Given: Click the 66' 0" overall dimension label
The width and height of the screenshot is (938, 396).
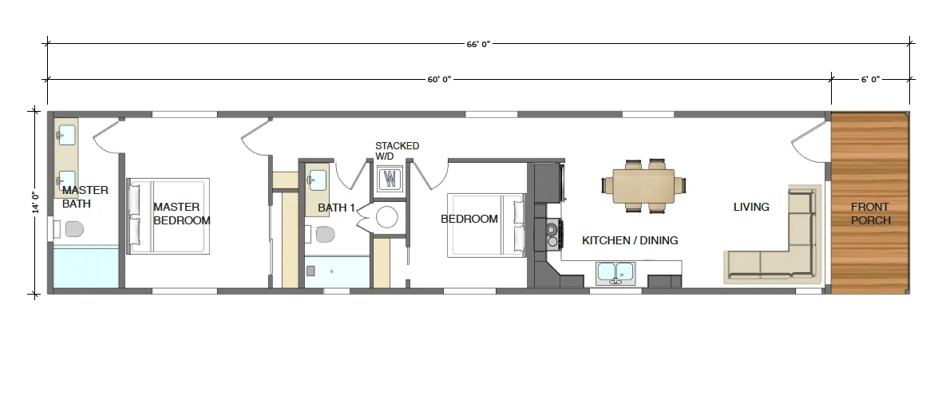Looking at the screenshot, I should point(478,44).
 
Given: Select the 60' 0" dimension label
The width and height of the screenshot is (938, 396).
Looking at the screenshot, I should point(439,79).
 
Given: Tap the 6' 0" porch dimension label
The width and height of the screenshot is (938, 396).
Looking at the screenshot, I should point(870,79).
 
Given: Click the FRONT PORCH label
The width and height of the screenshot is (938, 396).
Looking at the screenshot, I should point(870,213).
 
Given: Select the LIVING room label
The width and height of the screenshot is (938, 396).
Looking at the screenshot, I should point(751,208).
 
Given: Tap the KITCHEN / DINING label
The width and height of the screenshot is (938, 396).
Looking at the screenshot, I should point(630,240).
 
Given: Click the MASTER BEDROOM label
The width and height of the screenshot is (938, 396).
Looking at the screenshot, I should point(182,213).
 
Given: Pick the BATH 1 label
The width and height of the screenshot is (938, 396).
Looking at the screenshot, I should point(335,208).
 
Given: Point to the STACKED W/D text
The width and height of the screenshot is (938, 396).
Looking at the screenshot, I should point(397,151).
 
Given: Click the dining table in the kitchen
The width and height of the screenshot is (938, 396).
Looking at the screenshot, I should point(643,185).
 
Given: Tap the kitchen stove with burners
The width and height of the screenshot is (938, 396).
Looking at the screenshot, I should point(552,233).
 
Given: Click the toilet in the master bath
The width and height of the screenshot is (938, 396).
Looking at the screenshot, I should point(71,230).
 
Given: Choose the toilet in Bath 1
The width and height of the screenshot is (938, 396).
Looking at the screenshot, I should point(323,234).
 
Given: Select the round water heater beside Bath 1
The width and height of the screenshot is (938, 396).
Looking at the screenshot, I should point(386,217).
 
